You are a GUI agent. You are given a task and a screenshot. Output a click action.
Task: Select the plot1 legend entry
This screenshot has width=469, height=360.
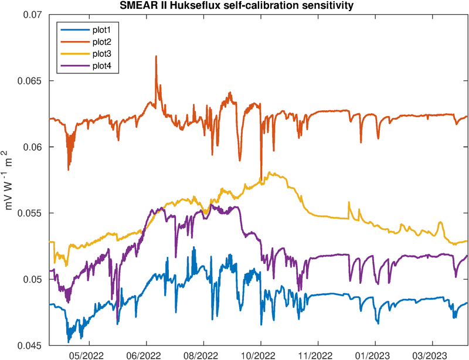point(101,28)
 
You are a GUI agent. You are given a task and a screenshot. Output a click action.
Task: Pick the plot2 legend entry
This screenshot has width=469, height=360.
point(101,41)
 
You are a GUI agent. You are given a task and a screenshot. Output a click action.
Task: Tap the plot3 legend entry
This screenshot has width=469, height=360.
point(101,54)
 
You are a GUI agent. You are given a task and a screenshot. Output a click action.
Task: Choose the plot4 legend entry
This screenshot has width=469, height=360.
point(101,67)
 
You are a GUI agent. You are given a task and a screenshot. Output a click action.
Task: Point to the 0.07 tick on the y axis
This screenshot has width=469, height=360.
point(36,15)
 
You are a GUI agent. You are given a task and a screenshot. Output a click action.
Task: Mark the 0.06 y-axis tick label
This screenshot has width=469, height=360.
point(36,147)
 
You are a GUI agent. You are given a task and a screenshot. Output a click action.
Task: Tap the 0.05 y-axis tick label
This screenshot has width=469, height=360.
point(36,279)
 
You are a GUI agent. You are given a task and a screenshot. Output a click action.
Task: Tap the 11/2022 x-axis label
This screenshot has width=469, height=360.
point(317,355)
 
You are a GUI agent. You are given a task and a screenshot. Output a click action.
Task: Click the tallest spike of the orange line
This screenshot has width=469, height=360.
point(156,56)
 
